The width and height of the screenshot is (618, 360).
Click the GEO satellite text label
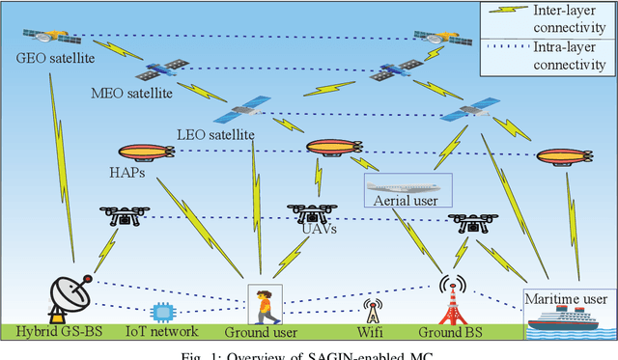45,55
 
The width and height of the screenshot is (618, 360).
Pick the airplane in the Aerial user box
407,186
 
